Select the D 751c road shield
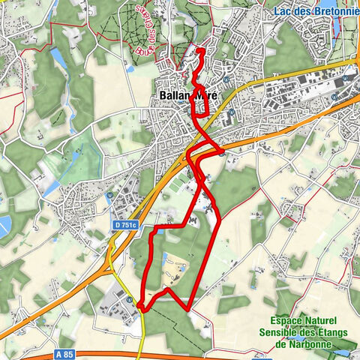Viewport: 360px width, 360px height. point(127,224)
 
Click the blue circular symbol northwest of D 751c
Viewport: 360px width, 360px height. point(111,196)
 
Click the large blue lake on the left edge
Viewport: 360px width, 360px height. point(4,223)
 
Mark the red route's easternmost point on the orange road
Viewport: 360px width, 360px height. point(223,153)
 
